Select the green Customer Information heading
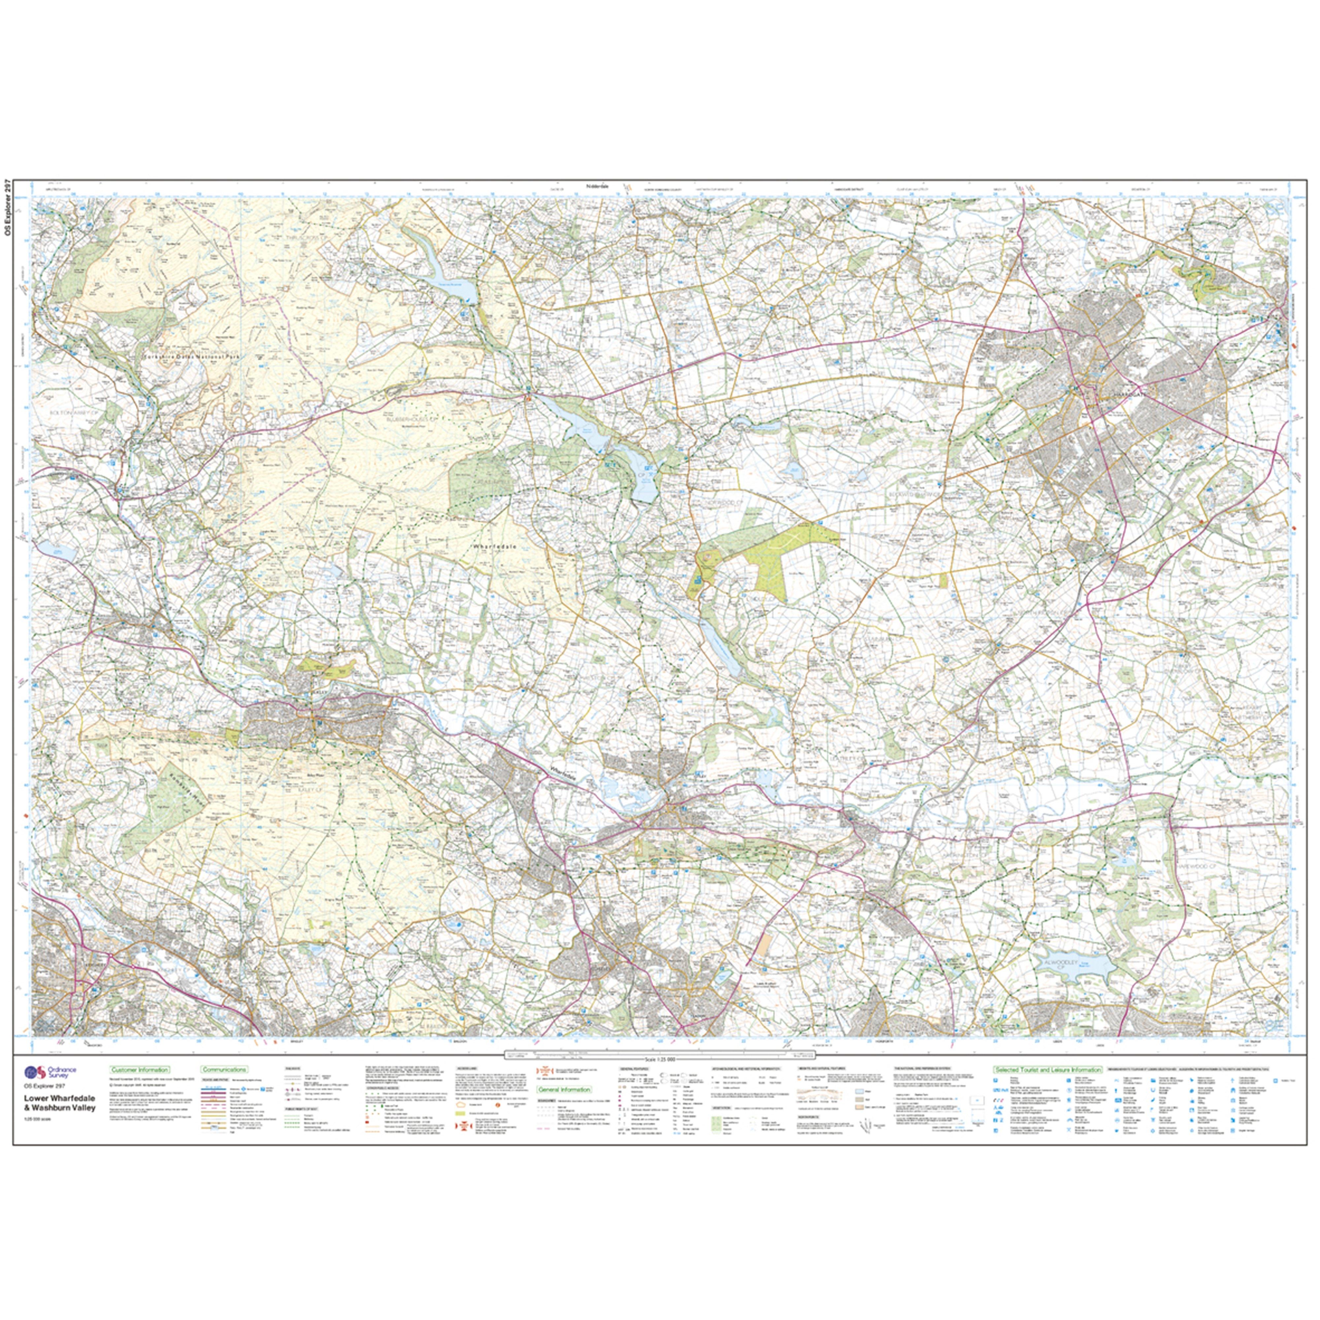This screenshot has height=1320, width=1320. pyautogui.click(x=139, y=1069)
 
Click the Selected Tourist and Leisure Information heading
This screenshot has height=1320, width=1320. pyautogui.click(x=1047, y=1069)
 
